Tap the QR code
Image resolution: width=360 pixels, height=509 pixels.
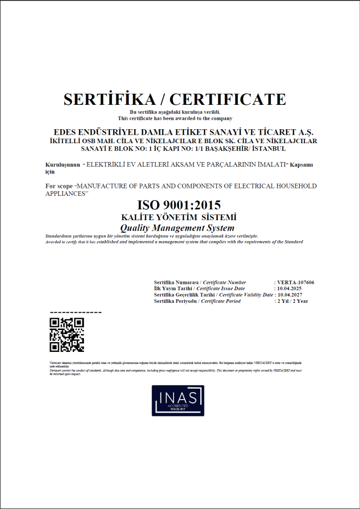click(x=67, y=335)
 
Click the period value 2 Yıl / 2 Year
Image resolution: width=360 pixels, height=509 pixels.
click(x=292, y=301)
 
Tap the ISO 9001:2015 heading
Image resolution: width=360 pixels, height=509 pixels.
click(x=179, y=205)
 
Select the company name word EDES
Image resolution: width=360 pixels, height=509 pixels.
click(x=66, y=132)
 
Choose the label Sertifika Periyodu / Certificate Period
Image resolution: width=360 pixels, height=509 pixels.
click(x=197, y=301)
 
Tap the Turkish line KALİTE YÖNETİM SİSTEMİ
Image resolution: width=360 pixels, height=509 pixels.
click(x=179, y=217)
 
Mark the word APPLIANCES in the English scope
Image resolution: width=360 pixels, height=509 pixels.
click(x=65, y=193)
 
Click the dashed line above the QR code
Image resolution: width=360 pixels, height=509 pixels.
click(x=76, y=313)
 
